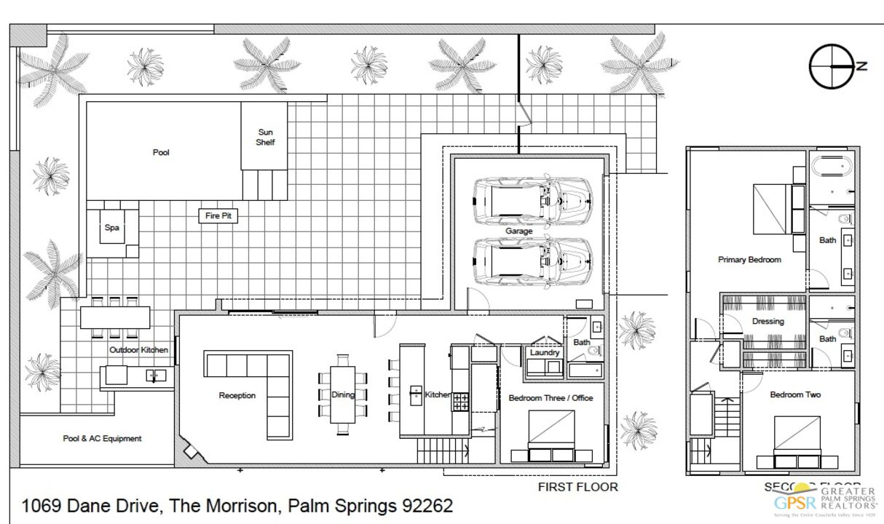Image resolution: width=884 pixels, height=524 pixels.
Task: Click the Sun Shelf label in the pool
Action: (x=265, y=137)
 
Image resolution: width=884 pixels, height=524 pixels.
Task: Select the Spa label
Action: (x=111, y=228)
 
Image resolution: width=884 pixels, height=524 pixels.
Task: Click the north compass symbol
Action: (x=832, y=66)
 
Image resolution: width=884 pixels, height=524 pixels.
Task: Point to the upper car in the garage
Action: (x=532, y=201)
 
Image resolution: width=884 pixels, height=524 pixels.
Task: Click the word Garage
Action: (x=519, y=231)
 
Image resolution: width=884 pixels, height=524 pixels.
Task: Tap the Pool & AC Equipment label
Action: (x=102, y=439)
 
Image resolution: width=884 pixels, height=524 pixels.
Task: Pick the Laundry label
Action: (x=545, y=352)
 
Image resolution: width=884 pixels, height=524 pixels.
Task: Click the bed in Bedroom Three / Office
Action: (x=552, y=435)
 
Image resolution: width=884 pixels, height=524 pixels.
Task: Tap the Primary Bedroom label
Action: (x=749, y=260)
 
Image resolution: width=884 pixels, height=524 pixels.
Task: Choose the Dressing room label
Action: (x=768, y=321)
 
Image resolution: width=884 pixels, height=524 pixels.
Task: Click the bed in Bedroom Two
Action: (x=797, y=440)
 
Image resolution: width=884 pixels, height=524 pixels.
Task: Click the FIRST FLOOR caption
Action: (x=577, y=487)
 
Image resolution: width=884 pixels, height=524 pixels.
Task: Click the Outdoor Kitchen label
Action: (x=138, y=350)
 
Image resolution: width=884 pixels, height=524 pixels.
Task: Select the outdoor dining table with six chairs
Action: (x=115, y=318)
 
